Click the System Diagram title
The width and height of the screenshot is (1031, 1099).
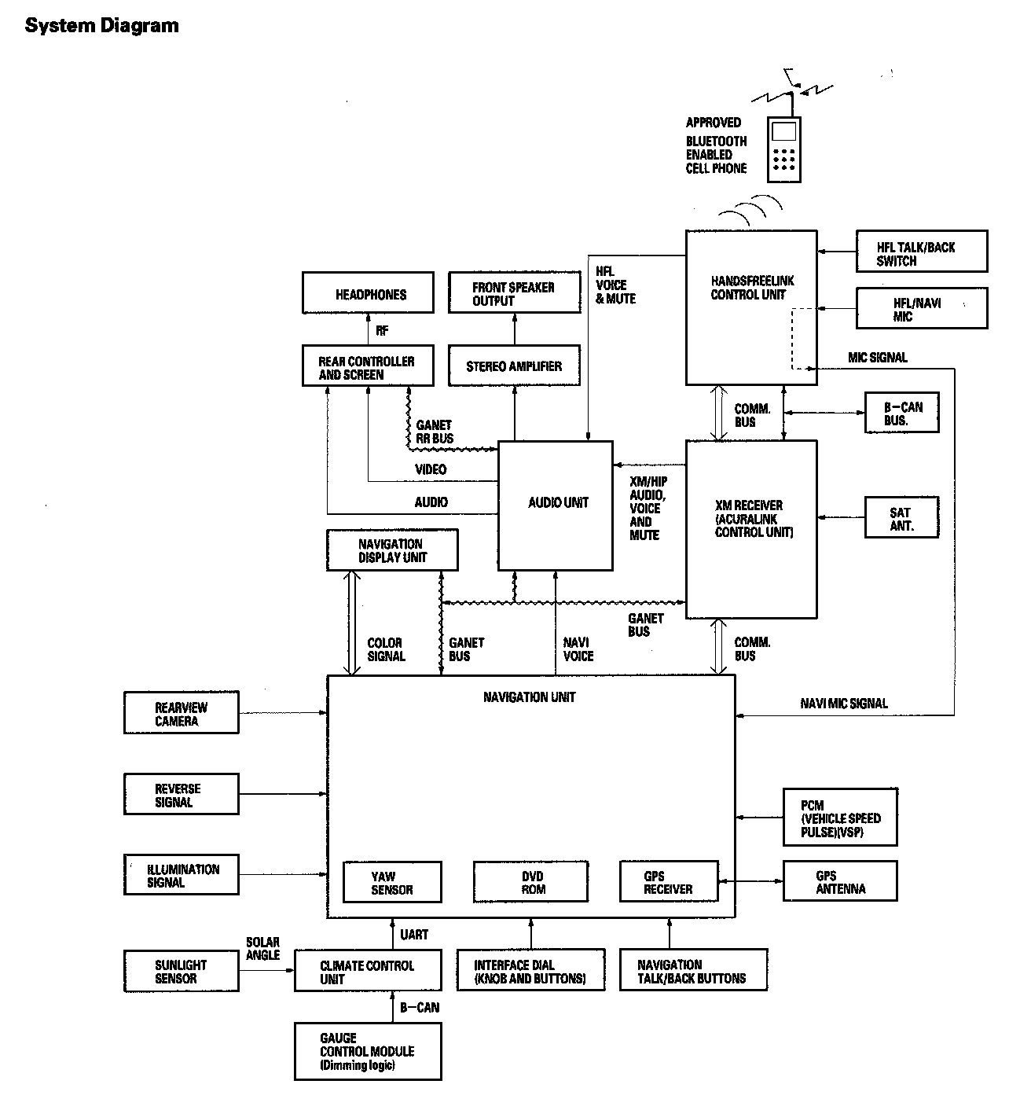[x=102, y=25]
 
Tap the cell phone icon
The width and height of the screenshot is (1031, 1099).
[x=783, y=149]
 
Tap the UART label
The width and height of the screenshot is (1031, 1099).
[x=414, y=935]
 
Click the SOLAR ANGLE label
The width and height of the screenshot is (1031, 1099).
[x=263, y=949]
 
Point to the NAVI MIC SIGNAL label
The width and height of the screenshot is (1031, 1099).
[x=843, y=704]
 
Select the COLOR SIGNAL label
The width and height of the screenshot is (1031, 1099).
[x=387, y=649]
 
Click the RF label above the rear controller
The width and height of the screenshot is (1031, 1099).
[x=382, y=330]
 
